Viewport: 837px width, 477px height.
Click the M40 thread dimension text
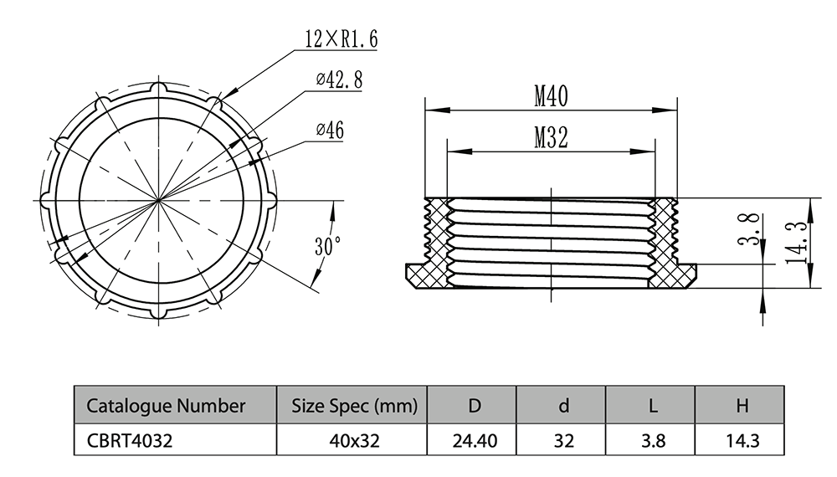point(551,97)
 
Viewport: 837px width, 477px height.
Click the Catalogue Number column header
point(166,406)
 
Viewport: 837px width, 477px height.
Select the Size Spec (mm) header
point(353,406)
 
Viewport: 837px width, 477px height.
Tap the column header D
point(474,406)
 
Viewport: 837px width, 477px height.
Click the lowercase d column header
point(563,406)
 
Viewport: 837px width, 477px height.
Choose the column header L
point(652,406)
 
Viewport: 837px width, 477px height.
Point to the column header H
point(741,406)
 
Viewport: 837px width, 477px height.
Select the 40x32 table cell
point(353,440)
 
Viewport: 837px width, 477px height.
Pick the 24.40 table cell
point(474,440)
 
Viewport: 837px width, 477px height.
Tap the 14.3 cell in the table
point(741,440)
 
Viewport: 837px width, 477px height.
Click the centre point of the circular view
point(158,201)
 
